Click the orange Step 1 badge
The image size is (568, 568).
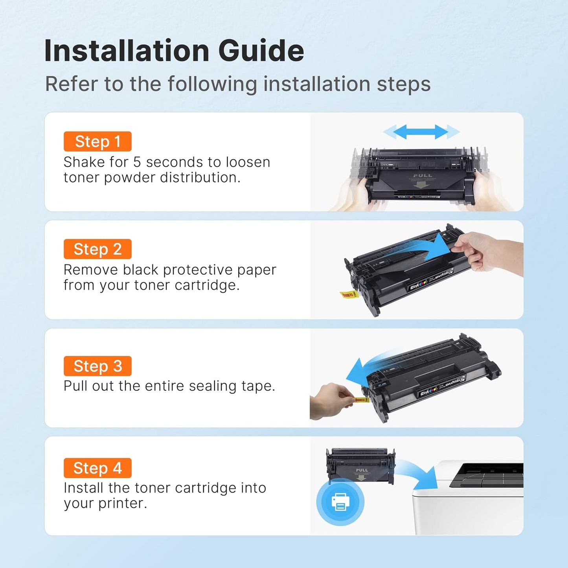pyautogui.click(x=97, y=142)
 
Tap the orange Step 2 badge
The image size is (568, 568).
pyautogui.click(x=97, y=249)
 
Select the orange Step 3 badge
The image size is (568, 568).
pyautogui.click(x=97, y=366)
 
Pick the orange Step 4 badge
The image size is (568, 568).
pyautogui.click(x=97, y=468)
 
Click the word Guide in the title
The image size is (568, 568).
pyautogui.click(x=261, y=51)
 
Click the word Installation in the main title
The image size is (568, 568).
pyautogui.click(x=127, y=51)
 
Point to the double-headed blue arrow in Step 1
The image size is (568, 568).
pyautogui.click(x=421, y=132)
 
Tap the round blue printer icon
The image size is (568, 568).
pyautogui.click(x=340, y=502)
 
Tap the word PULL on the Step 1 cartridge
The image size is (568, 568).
pyautogui.click(x=423, y=176)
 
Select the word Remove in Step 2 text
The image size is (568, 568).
pyautogui.click(x=91, y=270)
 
